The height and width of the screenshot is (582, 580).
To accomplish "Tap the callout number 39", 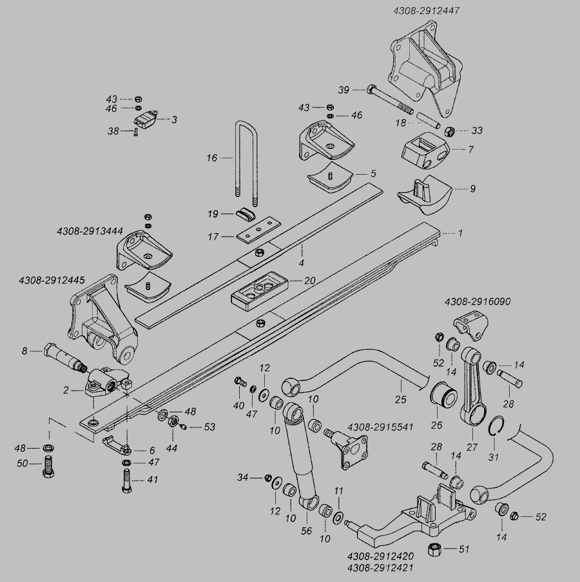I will [x=344, y=89].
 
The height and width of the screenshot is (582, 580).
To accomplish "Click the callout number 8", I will [x=24, y=351].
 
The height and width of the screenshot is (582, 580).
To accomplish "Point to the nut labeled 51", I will [x=436, y=549].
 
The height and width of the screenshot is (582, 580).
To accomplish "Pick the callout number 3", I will [x=174, y=119].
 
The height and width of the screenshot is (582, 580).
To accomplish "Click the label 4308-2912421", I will [x=380, y=568].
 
